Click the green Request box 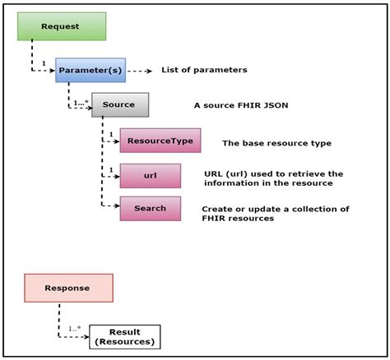click(61, 26)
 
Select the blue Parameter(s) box click(91, 71)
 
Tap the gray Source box click(120, 105)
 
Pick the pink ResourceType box click(160, 141)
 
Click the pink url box click(150, 175)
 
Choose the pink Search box click(150, 208)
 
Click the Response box click(68, 288)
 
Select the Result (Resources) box click(124, 336)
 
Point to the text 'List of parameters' click(204, 71)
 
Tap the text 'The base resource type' click(276, 143)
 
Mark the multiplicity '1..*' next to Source click(81, 104)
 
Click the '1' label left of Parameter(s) click(44, 64)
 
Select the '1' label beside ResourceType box click(111, 135)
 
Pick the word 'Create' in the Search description click(218, 210)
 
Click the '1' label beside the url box click(111, 170)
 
